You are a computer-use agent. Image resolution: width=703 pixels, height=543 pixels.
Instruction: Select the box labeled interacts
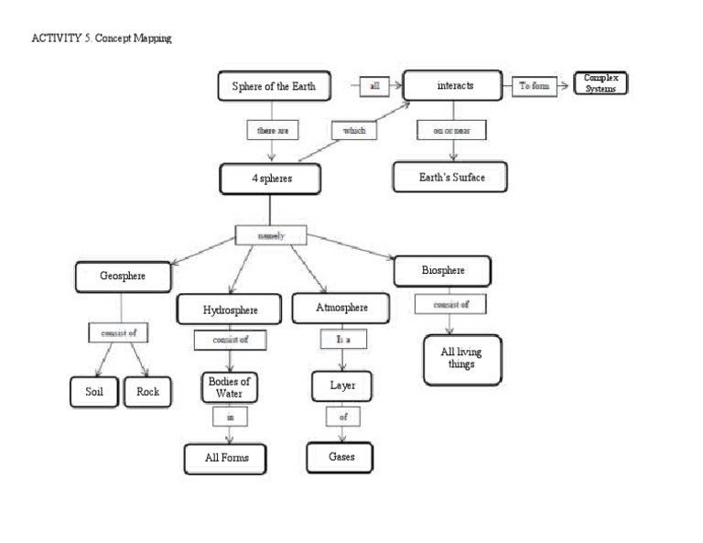tap(453, 85)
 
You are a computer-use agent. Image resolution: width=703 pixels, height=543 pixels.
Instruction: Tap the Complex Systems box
tap(600, 83)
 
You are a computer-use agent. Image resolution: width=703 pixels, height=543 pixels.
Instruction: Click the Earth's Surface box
tap(449, 177)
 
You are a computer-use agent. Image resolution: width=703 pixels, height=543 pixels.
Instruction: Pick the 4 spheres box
tap(271, 179)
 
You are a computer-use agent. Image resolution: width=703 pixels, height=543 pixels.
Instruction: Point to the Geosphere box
tap(123, 276)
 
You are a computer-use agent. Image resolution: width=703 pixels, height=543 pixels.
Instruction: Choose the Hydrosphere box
tap(230, 310)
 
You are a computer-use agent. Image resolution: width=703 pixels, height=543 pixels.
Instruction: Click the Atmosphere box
tap(341, 308)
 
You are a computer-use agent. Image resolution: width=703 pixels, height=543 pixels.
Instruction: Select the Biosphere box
tap(443, 271)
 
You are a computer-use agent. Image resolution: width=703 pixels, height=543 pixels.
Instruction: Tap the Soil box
tap(95, 392)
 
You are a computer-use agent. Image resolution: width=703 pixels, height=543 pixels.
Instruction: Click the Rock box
tap(147, 392)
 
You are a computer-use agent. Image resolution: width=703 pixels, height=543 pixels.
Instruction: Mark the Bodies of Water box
tap(229, 387)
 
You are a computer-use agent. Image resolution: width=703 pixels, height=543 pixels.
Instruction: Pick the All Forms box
tap(225, 458)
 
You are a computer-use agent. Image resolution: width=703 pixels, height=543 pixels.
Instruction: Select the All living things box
tap(461, 359)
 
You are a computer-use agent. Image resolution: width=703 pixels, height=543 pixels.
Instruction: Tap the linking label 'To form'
tap(535, 85)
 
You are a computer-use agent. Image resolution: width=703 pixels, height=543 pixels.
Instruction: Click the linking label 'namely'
tap(271, 235)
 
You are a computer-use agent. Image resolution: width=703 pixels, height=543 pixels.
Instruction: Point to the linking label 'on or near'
tap(452, 131)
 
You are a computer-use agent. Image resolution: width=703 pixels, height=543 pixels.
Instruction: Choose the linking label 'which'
tap(353, 131)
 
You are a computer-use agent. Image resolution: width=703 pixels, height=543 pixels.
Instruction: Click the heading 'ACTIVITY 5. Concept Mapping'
tap(101, 38)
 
